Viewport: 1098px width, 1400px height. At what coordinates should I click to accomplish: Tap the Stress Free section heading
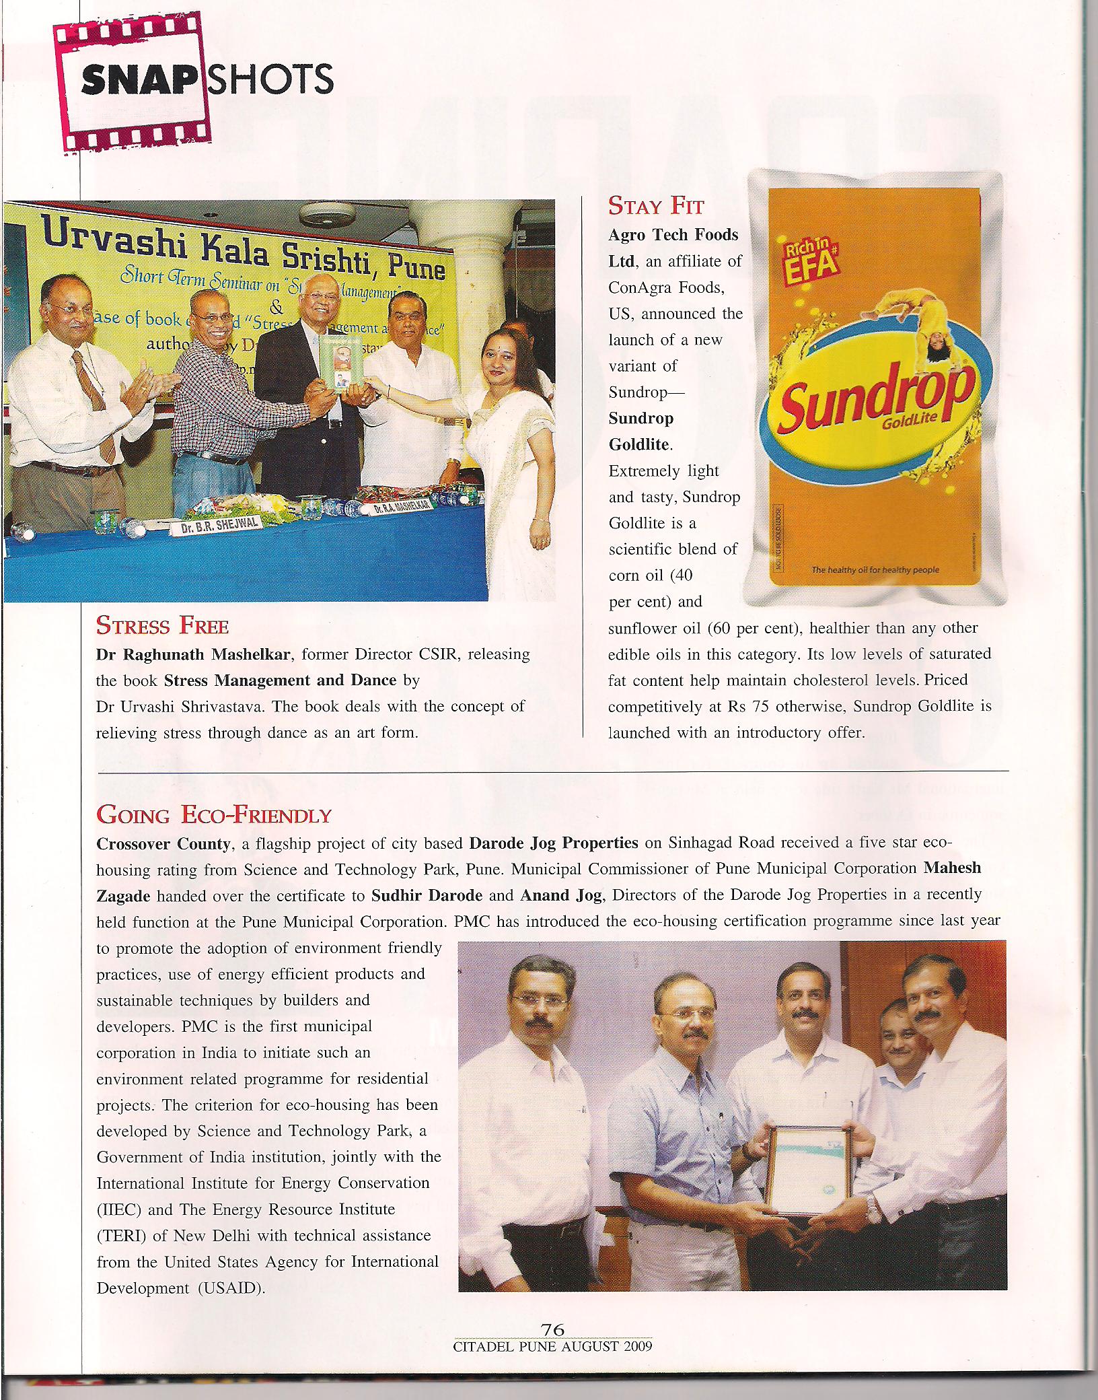(x=162, y=626)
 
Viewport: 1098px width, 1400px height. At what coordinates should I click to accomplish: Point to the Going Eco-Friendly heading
(x=214, y=815)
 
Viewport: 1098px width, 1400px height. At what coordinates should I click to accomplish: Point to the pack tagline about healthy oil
(x=875, y=570)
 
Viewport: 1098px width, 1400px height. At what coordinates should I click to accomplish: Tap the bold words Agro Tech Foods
(x=673, y=235)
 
